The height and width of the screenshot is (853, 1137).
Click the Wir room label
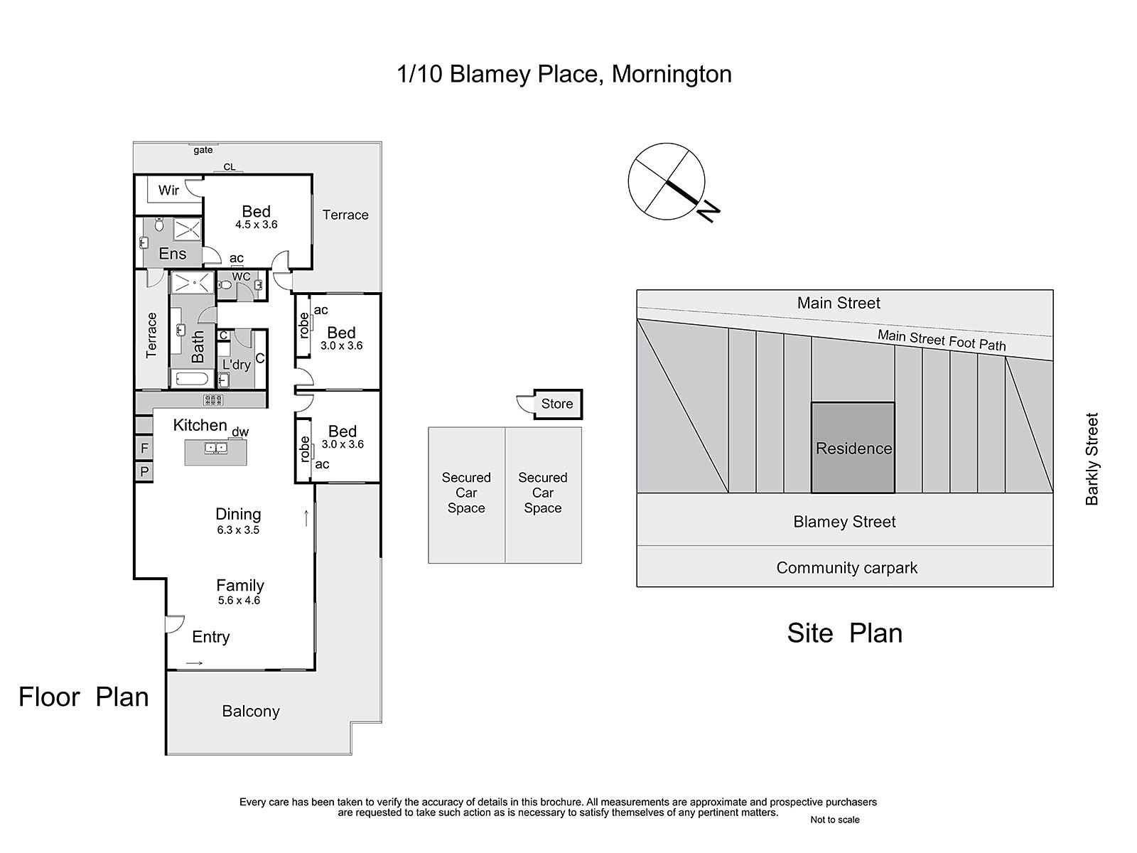point(168,190)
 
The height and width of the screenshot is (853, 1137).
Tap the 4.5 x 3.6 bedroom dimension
point(257,224)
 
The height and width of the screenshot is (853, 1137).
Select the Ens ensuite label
point(173,254)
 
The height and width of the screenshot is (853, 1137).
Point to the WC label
point(241,277)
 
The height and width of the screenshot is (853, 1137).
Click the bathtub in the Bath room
point(191,379)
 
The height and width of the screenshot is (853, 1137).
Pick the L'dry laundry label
point(236,365)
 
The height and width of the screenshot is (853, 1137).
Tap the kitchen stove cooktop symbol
point(213,399)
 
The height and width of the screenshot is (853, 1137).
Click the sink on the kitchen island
point(216,448)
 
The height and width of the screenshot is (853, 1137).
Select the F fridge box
point(144,448)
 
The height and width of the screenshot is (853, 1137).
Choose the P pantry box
point(144,471)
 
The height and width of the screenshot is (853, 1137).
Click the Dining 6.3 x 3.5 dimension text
point(238,530)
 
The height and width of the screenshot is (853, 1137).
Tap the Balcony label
point(251,711)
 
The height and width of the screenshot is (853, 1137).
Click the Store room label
point(557,404)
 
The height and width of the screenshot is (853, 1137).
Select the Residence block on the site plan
point(853,448)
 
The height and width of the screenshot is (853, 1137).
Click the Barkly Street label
point(1092,459)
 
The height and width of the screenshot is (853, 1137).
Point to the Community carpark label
point(847,568)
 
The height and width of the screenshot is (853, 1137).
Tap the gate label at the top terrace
point(203,150)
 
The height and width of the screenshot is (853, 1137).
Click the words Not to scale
point(835,820)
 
